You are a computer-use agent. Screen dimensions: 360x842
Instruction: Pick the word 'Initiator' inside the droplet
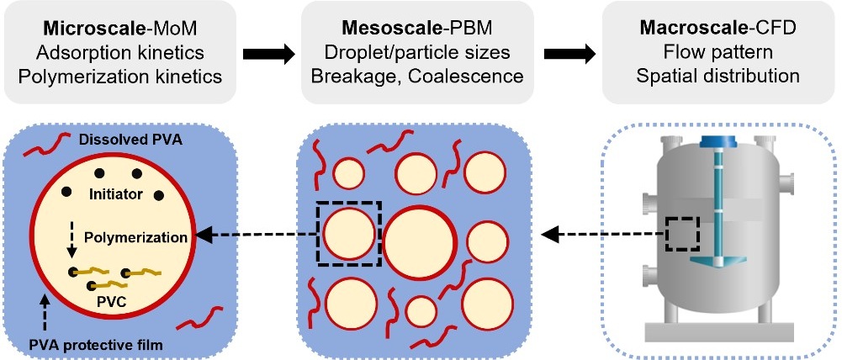(x=114, y=194)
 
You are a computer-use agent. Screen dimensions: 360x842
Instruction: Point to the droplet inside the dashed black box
(x=347, y=233)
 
